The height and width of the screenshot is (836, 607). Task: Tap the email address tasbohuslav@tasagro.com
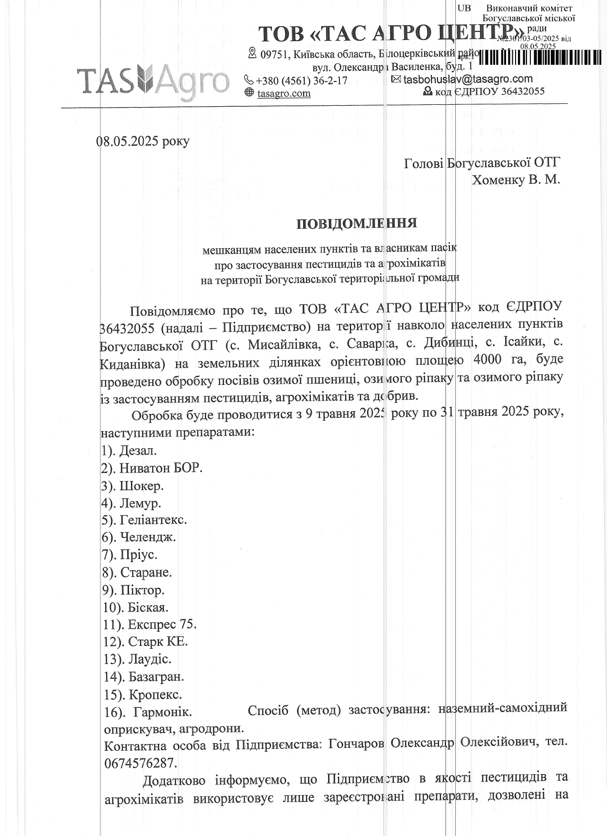point(468,79)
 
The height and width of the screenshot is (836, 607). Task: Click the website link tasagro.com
point(284,93)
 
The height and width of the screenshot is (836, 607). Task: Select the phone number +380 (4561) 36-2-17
point(301,81)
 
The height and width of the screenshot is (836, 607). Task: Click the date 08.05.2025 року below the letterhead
point(143,141)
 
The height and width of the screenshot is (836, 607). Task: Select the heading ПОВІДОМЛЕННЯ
point(357,223)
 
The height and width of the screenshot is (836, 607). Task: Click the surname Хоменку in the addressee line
point(498,180)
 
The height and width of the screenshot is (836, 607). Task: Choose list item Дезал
point(138,450)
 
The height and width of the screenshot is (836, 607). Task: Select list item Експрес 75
point(162,624)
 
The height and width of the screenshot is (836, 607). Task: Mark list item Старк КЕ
point(158,642)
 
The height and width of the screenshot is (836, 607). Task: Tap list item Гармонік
point(163,712)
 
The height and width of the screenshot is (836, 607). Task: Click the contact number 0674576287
point(140,763)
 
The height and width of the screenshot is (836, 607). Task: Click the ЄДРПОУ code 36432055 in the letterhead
point(523,91)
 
